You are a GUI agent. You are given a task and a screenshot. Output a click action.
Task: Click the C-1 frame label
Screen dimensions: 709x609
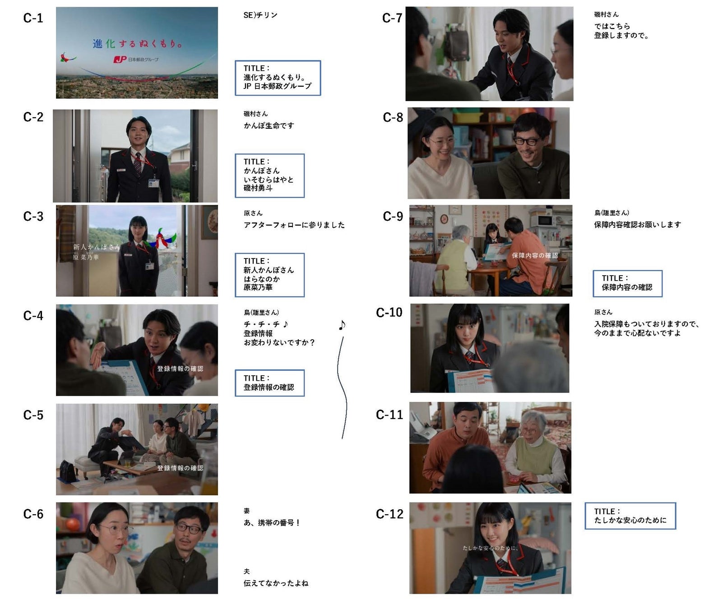click(33, 18)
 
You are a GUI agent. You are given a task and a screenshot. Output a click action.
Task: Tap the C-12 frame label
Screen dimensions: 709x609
click(389, 514)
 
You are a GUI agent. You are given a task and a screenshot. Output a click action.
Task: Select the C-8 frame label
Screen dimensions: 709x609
click(393, 117)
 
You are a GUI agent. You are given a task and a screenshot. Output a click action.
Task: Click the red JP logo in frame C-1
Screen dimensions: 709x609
click(120, 60)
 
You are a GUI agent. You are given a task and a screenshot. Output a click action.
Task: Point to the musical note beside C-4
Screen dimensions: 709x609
click(342, 325)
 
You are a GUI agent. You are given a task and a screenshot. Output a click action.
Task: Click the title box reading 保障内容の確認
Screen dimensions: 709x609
click(627, 283)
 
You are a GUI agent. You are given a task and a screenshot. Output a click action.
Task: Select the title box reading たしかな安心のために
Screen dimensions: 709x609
click(630, 516)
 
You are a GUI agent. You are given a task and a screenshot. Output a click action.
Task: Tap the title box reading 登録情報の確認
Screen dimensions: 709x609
click(269, 383)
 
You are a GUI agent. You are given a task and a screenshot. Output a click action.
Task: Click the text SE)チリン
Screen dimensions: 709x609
click(260, 15)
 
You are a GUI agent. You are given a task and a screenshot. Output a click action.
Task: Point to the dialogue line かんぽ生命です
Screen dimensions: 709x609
click(269, 125)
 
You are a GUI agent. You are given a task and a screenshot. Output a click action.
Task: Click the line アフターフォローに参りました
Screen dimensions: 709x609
click(294, 225)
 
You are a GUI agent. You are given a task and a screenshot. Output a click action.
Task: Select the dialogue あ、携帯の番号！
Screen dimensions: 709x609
click(272, 522)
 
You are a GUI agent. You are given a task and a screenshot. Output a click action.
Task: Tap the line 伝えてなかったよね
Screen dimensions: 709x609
click(276, 583)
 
